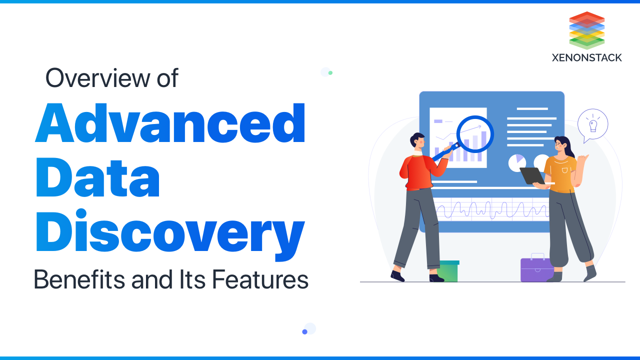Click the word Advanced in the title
coord(170,123)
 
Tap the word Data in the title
coord(97,179)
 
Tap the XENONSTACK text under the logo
coord(587,57)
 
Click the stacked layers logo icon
coord(587,30)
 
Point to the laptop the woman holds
coord(531,175)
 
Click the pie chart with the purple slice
coord(517,162)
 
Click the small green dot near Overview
coord(330,73)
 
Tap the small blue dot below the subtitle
coord(304,331)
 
